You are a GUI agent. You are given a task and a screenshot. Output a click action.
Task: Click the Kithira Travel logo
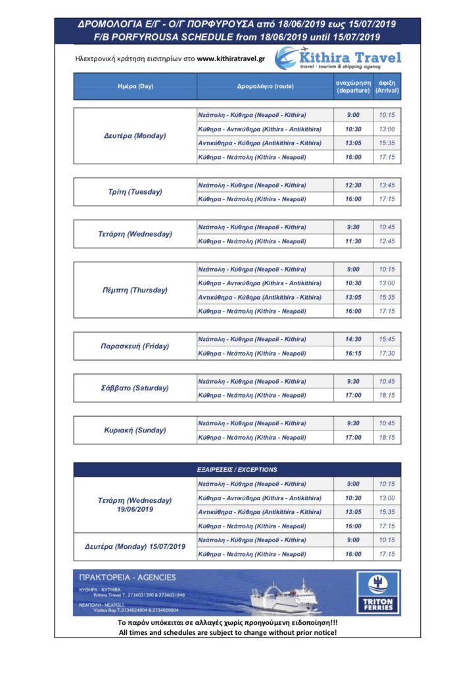[337, 58]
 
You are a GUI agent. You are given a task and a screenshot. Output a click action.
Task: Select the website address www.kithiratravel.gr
[231, 60]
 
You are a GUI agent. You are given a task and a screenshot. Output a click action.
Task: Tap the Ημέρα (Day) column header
[135, 86]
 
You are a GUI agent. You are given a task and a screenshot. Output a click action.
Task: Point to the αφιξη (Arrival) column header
[387, 86]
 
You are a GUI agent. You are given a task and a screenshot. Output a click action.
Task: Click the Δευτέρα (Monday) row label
[135, 136]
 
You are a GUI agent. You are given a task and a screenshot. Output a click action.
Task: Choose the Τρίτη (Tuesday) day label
[135, 192]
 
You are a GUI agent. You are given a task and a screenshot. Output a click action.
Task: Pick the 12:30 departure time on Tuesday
[353, 185]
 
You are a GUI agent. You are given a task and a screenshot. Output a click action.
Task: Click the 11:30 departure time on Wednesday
[353, 241]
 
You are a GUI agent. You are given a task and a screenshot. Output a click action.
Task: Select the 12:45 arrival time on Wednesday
[387, 241]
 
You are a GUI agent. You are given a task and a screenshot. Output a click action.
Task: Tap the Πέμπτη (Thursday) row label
[135, 290]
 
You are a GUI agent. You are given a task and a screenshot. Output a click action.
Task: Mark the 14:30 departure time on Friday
[353, 339]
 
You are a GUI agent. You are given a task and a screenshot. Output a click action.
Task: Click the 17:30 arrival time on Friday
[387, 354]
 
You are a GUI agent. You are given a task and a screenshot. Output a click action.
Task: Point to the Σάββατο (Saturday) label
[135, 388]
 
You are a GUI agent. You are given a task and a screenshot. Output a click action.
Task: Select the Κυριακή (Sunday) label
[135, 430]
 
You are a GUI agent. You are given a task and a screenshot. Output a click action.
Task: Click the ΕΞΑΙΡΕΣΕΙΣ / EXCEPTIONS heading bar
[237, 470]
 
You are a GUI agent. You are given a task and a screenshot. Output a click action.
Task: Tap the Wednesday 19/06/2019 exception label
[135, 505]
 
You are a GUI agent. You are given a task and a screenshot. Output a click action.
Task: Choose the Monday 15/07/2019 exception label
[135, 547]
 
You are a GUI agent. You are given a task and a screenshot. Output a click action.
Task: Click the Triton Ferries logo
[378, 592]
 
